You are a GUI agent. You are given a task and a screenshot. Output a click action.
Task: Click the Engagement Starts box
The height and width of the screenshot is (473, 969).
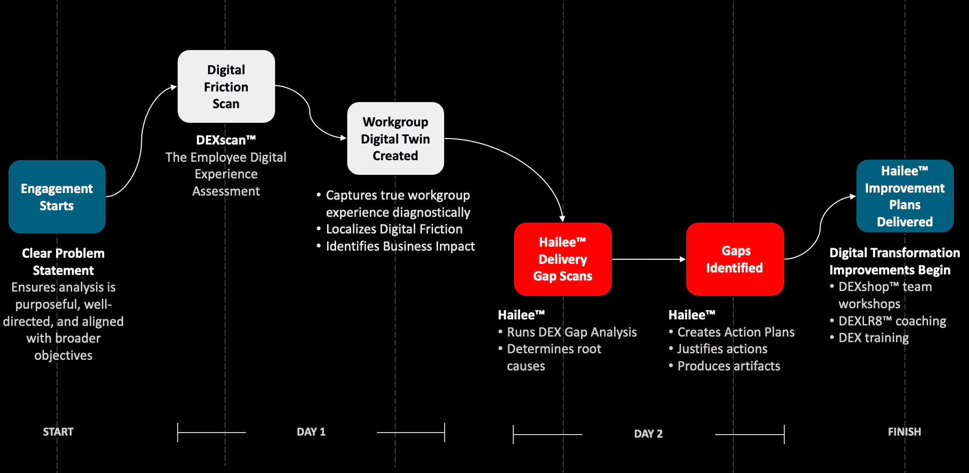pos(57,197)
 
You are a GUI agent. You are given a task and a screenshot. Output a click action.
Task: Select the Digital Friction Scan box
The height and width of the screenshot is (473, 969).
pos(226,86)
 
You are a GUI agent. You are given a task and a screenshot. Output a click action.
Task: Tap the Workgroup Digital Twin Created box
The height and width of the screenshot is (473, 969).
pos(396,138)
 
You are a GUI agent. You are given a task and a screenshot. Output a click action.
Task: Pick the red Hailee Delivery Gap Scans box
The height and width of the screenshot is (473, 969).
pos(563,259)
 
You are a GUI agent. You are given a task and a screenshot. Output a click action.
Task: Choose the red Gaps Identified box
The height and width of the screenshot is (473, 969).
pos(735,259)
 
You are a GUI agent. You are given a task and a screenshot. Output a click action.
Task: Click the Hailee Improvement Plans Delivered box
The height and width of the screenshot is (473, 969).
pos(905,196)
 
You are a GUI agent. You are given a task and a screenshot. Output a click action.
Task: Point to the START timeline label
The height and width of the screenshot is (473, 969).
pos(58,432)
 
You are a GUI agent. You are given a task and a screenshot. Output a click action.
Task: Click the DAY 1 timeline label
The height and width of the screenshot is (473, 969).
pos(311,432)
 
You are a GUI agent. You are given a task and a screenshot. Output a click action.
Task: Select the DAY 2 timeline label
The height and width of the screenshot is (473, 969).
pos(648,434)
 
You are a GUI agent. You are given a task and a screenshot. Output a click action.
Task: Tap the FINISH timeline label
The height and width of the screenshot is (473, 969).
pos(904,432)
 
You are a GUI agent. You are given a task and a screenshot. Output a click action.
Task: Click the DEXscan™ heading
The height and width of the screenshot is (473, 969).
pos(226,140)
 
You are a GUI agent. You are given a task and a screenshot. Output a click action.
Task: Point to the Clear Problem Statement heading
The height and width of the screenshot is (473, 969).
pos(63,262)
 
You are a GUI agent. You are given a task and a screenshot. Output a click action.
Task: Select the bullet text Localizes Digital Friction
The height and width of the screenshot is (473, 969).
pos(394,229)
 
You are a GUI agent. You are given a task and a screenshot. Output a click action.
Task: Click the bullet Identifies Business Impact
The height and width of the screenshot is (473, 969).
pos(400,247)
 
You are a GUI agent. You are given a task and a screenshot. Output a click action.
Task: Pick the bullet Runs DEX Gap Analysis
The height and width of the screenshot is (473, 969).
pos(571,333)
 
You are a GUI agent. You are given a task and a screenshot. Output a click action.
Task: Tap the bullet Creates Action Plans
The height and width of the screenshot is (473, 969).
pos(735,333)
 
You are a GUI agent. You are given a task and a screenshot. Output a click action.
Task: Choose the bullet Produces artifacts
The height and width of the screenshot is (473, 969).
pos(728,366)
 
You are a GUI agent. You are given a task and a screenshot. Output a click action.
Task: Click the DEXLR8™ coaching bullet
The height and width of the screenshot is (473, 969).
pos(892,321)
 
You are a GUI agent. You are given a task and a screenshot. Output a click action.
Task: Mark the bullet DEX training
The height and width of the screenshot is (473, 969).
pos(873,338)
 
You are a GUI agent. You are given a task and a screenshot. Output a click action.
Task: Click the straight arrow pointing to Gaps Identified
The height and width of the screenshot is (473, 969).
pos(649,259)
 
